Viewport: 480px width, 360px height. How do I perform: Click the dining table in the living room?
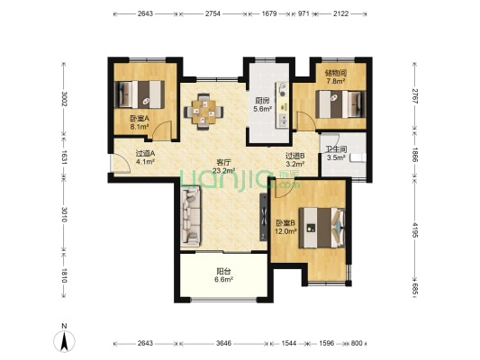(204, 112)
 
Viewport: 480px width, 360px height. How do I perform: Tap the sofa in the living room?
(190, 217)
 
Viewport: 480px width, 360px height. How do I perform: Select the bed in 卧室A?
(140, 94)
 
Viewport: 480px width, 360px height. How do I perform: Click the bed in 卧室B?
(322, 228)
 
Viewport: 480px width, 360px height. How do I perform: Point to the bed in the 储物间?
(340, 104)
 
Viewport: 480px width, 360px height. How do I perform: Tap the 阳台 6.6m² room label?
(223, 275)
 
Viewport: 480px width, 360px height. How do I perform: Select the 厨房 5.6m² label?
(263, 104)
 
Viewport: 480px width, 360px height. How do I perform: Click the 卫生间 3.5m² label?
(336, 154)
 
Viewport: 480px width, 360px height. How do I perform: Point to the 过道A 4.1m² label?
(145, 157)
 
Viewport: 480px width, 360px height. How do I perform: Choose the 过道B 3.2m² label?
(295, 160)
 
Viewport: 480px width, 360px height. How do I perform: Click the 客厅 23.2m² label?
(223, 166)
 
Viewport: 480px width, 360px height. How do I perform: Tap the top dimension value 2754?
(213, 13)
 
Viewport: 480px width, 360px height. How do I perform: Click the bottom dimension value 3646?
(223, 343)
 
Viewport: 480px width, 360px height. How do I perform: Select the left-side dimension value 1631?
(64, 157)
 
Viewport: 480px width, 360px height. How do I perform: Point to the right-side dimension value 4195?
(415, 229)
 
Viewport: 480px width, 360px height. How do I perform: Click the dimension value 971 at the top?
(303, 13)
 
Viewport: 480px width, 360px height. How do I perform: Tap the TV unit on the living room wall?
(263, 217)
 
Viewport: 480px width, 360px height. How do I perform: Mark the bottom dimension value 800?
(357, 343)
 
